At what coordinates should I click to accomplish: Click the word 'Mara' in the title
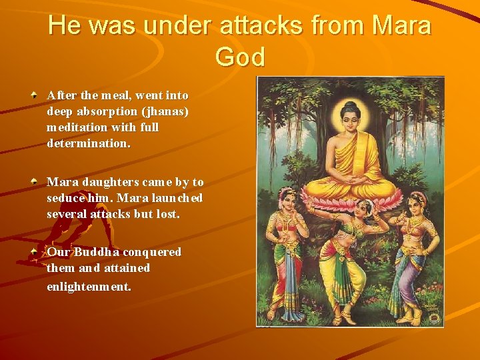pyautogui.click(x=402, y=26)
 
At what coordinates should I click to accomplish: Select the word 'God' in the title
pyautogui.click(x=240, y=57)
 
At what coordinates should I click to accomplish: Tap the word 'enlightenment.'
pyautogui.click(x=89, y=287)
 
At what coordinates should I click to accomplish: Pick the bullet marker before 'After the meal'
pyautogui.click(x=33, y=95)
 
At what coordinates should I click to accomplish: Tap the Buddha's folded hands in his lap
pyautogui.click(x=352, y=179)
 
